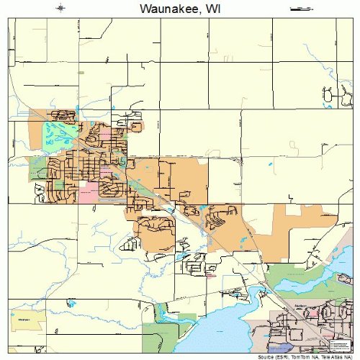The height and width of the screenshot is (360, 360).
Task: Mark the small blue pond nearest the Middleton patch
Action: tap(71, 304)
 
